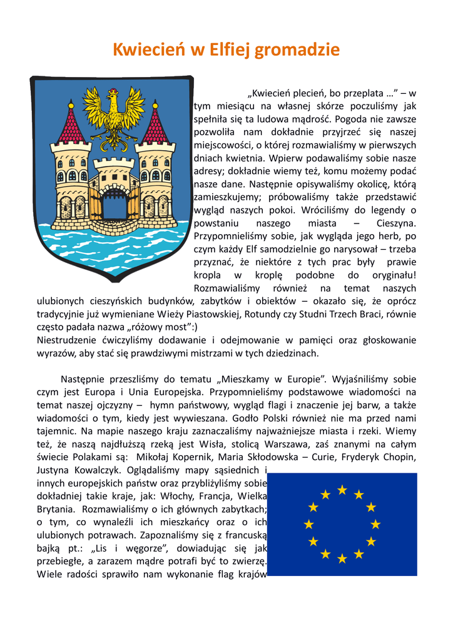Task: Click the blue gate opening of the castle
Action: coord(114,203)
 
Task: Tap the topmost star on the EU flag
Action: coord(342,490)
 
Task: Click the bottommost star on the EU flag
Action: coord(342,558)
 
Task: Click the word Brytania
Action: coord(56,510)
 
